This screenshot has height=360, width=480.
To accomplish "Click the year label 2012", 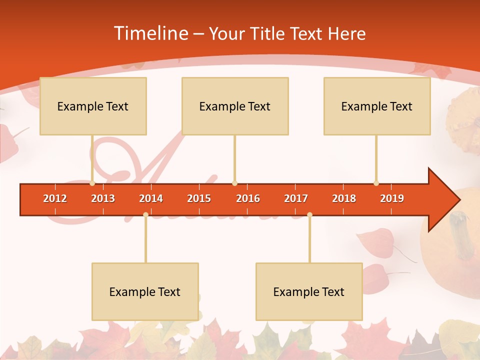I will click(55, 198).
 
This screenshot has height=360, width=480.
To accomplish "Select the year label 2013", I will click(103, 198).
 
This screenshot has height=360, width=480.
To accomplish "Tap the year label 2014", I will click(151, 198).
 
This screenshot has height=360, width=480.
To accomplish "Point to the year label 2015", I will click(199, 198).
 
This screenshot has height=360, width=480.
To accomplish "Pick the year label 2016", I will click(248, 198).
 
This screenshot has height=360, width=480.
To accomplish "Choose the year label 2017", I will click(296, 198).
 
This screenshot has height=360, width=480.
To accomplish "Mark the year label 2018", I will click(344, 198).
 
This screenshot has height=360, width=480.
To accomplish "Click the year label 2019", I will click(392, 198).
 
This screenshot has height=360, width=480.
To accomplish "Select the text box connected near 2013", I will click(93, 106).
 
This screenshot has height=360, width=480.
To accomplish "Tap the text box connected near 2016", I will click(235, 106).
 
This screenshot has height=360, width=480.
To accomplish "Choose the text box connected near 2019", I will click(377, 106).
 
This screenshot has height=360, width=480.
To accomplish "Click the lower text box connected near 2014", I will click(145, 291).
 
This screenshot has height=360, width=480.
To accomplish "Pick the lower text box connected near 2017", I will click(309, 291).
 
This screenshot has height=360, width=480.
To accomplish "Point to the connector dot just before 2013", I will click(92, 183).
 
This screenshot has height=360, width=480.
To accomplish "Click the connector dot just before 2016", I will click(234, 183).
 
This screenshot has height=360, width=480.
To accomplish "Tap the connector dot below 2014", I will click(145, 215).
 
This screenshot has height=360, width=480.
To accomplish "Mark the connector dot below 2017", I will click(309, 215).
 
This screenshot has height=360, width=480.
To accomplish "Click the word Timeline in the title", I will click(150, 33).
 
